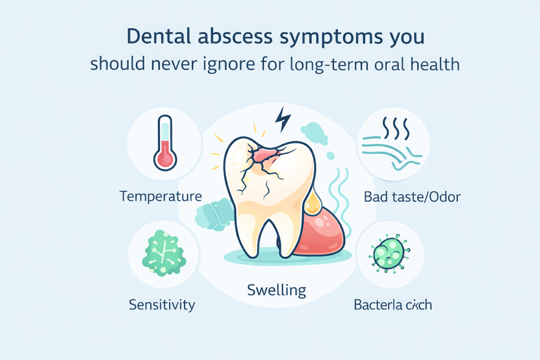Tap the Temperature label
(x=161, y=197)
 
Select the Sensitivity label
(x=162, y=304)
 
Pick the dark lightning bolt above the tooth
(x=284, y=120)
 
